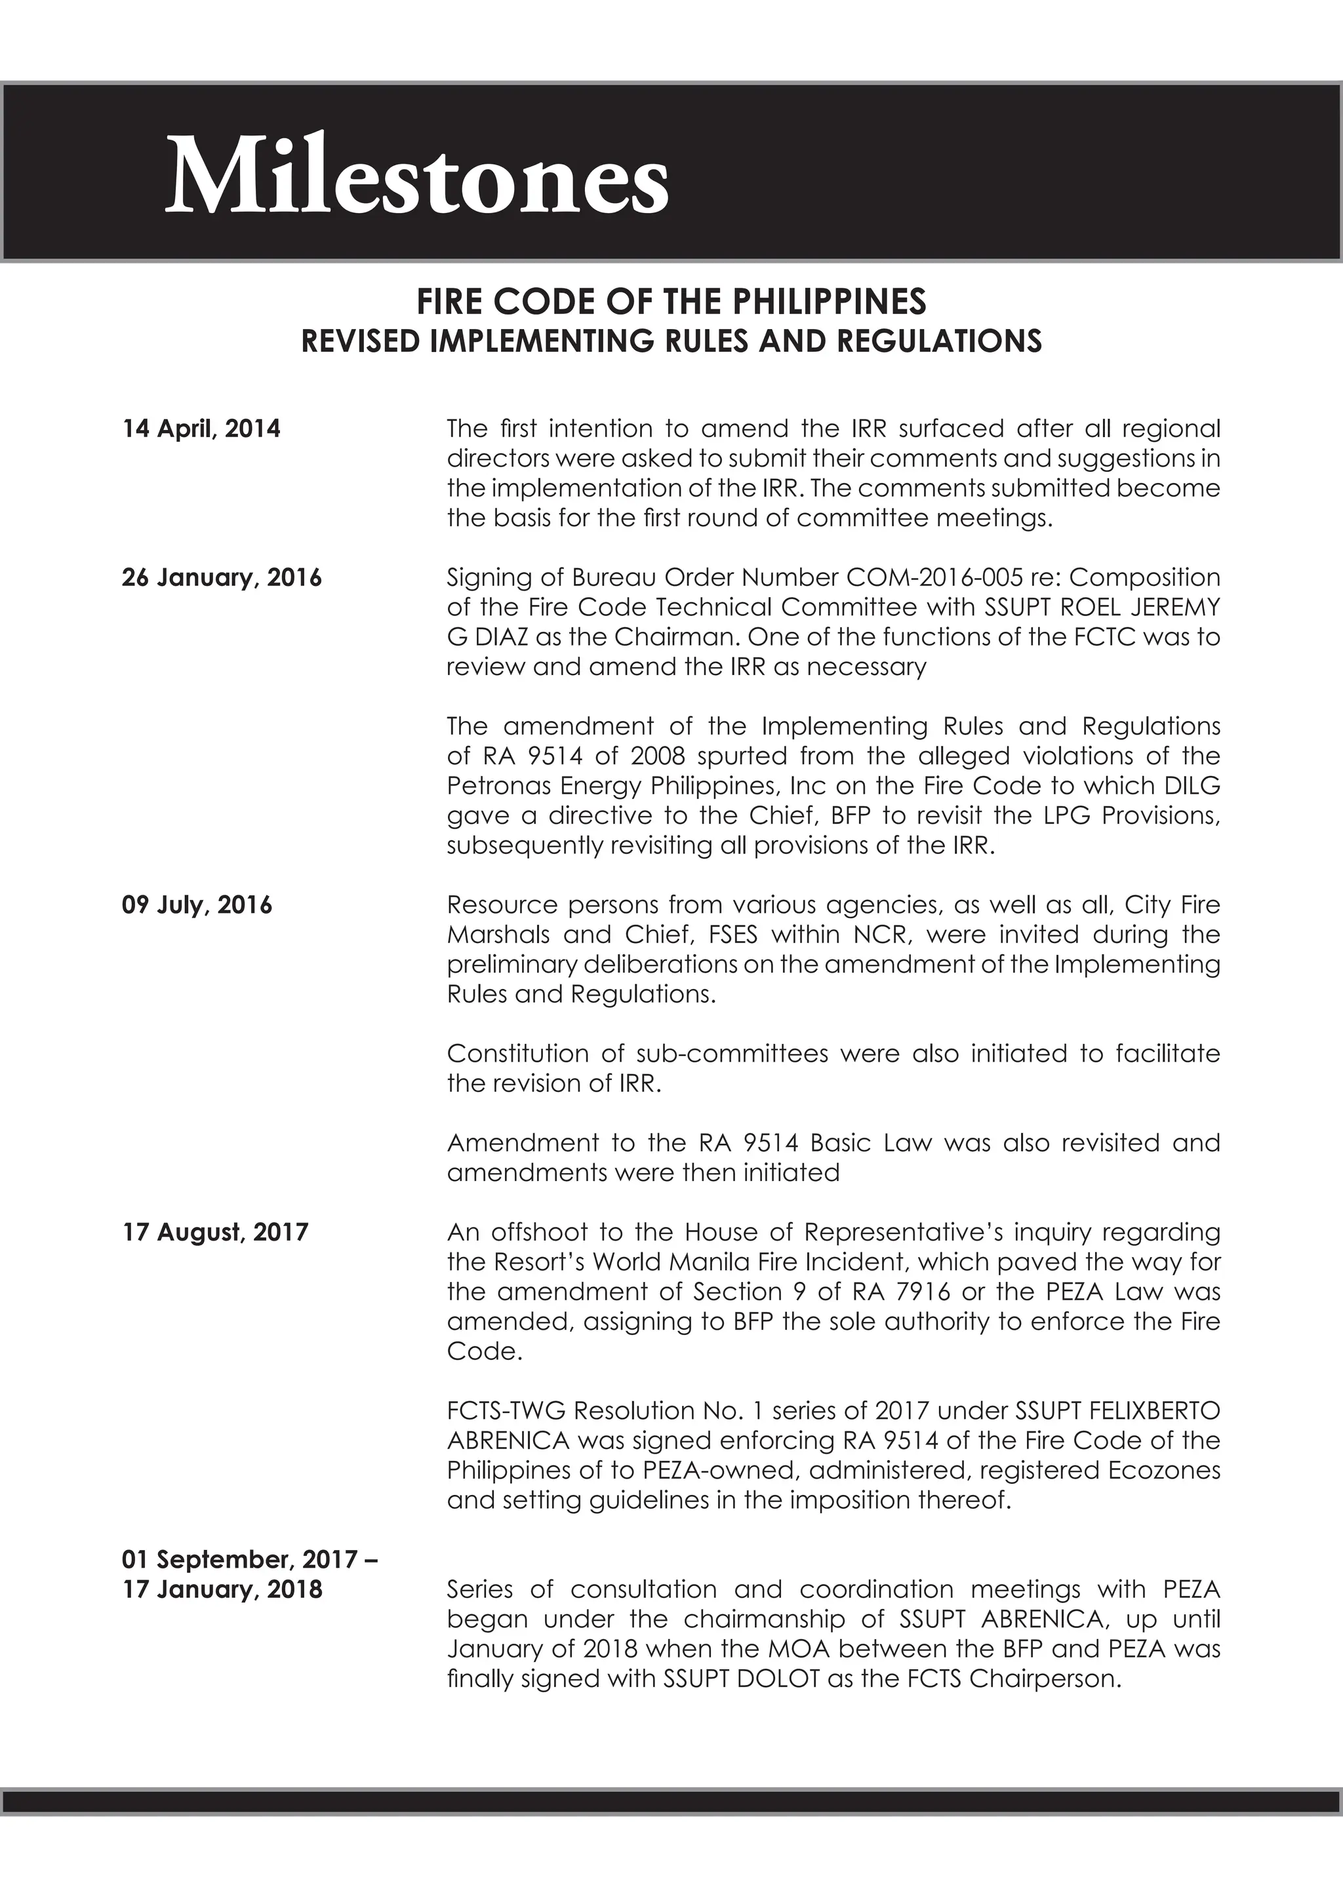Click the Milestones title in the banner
[417, 175]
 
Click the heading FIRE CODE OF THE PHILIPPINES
[671, 301]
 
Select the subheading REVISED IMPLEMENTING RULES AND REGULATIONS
[671, 341]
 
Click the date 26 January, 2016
[222, 577]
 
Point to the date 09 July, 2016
[197, 904]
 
